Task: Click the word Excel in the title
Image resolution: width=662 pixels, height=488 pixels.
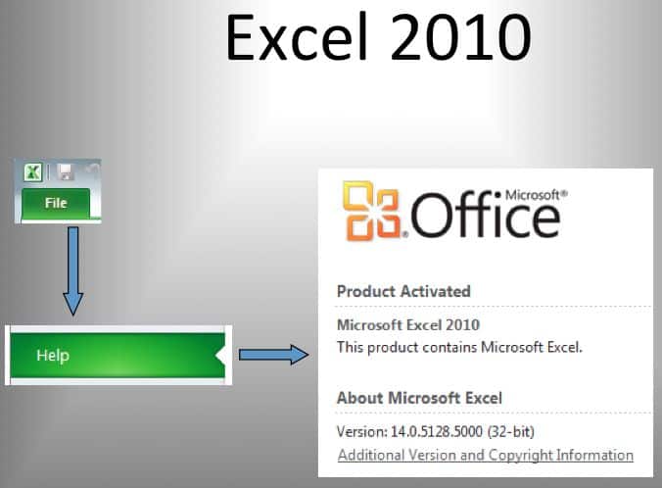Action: click(293, 39)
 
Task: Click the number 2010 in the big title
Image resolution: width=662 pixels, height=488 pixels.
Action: click(454, 39)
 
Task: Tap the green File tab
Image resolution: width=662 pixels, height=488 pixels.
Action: click(55, 203)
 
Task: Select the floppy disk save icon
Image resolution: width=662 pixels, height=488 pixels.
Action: click(66, 172)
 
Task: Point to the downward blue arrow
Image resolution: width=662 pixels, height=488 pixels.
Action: click(72, 269)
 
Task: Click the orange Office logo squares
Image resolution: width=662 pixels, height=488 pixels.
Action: click(371, 212)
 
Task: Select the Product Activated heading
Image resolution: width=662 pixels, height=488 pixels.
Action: click(403, 291)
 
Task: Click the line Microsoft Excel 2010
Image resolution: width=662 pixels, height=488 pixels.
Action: click(408, 325)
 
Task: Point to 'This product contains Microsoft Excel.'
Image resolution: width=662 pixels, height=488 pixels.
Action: click(446, 347)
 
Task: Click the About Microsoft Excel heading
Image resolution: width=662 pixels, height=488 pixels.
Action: click(419, 398)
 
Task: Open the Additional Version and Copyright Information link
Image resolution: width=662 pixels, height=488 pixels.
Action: click(485, 455)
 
